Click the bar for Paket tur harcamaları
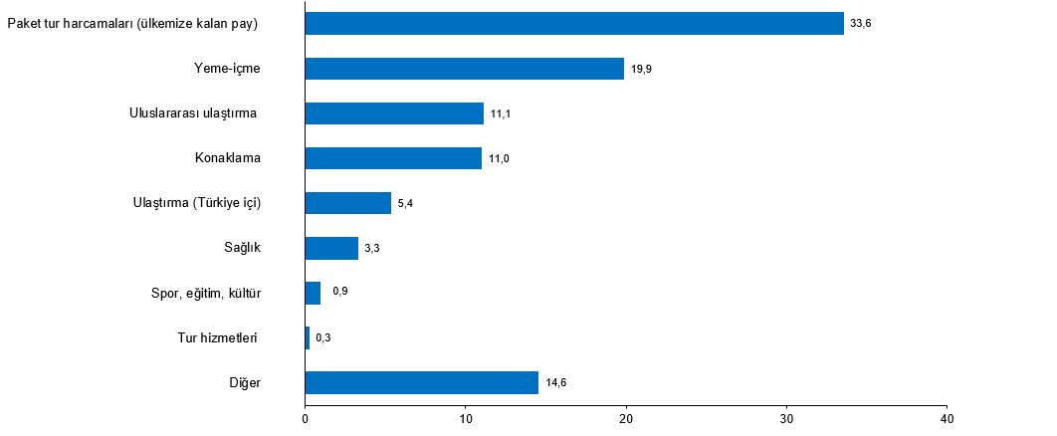[x=574, y=24]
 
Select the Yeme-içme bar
[x=464, y=69]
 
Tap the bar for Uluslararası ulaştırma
[x=394, y=113]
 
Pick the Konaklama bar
[x=393, y=158]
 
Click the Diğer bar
[x=422, y=382]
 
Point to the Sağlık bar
[x=331, y=248]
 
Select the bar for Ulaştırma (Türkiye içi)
[x=348, y=203]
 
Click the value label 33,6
[x=861, y=25]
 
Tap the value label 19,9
[x=641, y=70]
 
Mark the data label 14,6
[x=555, y=383]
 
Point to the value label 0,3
[x=323, y=338]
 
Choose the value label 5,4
[x=405, y=204]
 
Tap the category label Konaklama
[x=234, y=158]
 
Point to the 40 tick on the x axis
[x=947, y=419]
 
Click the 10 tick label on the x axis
[x=466, y=419]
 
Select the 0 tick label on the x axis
[x=306, y=419]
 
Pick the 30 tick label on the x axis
[x=786, y=419]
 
